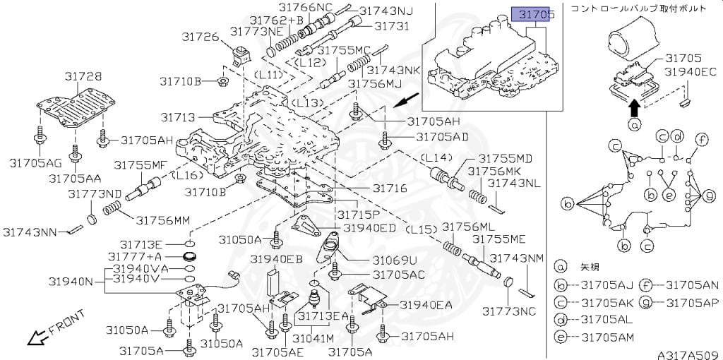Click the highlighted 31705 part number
click(532, 16)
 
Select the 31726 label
click(200, 37)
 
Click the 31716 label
click(390, 188)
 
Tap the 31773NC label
click(510, 311)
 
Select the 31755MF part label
click(137, 164)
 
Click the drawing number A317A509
click(689, 355)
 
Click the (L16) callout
click(187, 176)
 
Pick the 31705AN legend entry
click(679, 286)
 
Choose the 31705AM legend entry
click(594, 337)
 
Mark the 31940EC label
click(691, 72)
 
